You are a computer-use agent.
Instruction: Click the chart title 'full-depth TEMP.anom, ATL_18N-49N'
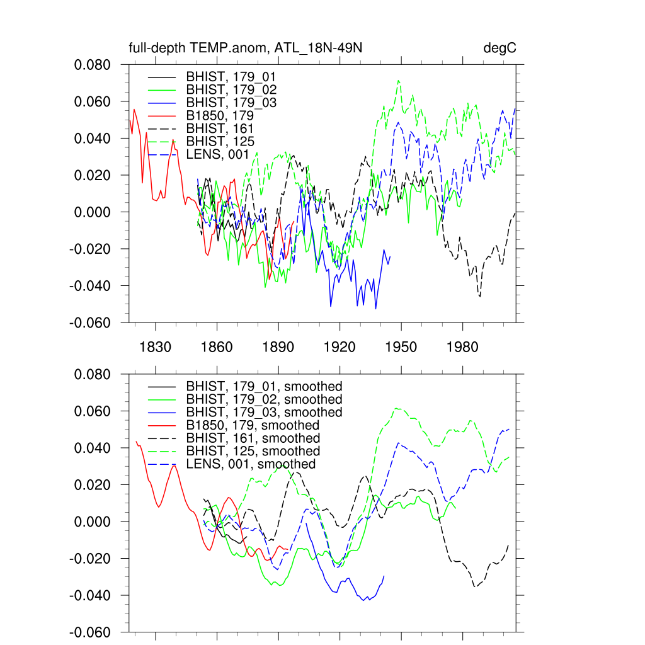[245, 49]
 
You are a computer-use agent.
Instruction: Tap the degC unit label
[500, 49]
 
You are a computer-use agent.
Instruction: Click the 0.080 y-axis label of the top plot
[93, 65]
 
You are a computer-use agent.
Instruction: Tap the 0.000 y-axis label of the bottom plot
[93, 522]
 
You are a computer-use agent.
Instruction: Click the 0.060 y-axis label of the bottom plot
[93, 411]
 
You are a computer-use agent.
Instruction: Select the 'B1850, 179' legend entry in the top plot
[220, 115]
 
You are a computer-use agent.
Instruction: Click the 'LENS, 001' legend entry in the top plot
[217, 154]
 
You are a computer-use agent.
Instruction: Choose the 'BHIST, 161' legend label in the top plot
[220, 128]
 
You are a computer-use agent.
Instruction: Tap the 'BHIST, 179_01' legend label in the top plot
[231, 76]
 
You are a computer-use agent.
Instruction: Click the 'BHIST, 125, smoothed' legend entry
[253, 451]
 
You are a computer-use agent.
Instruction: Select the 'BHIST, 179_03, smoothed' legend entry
[264, 412]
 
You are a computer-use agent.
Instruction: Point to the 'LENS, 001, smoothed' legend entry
[251, 464]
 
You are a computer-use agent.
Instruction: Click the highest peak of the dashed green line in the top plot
[398, 81]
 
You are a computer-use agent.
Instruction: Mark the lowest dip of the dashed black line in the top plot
[480, 297]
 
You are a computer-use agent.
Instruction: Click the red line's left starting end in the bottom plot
[136, 441]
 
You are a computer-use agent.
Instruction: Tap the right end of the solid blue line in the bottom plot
[384, 576]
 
